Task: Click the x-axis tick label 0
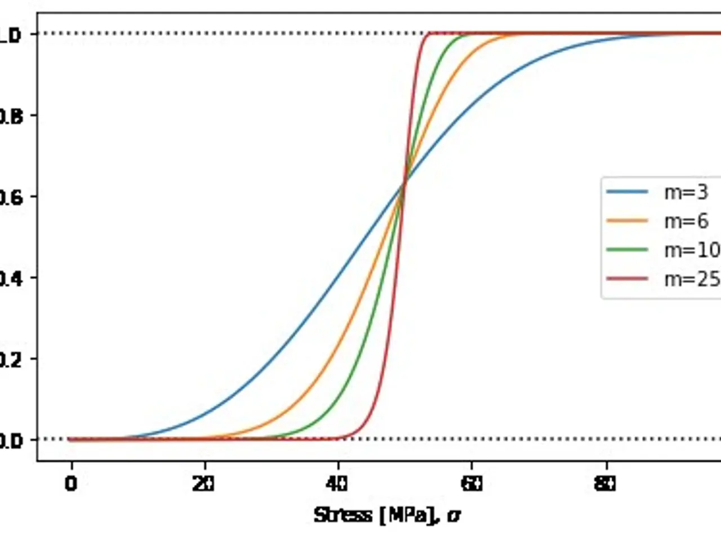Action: [70, 484]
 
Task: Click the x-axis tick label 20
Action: [203, 484]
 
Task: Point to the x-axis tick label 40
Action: [337, 484]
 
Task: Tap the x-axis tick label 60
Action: [471, 484]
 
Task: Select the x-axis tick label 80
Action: [605, 484]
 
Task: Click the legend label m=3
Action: [686, 192]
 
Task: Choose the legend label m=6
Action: [686, 221]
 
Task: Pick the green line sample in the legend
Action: [627, 250]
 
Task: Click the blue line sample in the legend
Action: [627, 192]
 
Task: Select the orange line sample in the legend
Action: [627, 221]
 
